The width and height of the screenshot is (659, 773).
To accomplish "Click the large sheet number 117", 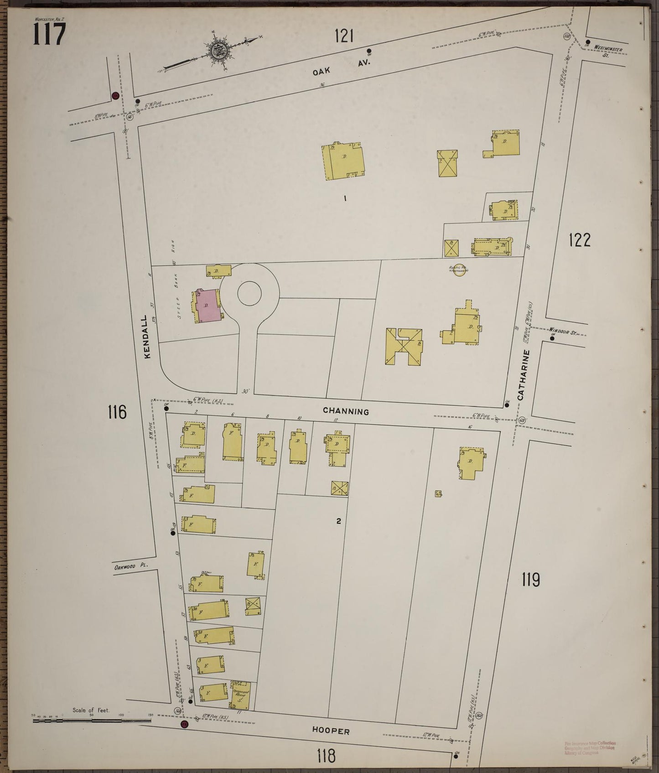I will pos(49,34).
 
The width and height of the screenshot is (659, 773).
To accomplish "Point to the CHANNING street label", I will pos(346,411).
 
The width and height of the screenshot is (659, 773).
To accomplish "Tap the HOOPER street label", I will pos(331,731).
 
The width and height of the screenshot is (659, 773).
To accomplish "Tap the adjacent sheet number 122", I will pos(579,239).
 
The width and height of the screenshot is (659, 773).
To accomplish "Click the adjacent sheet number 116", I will pos(116,412).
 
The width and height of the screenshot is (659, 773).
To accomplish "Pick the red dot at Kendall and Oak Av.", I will pos(115,96).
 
